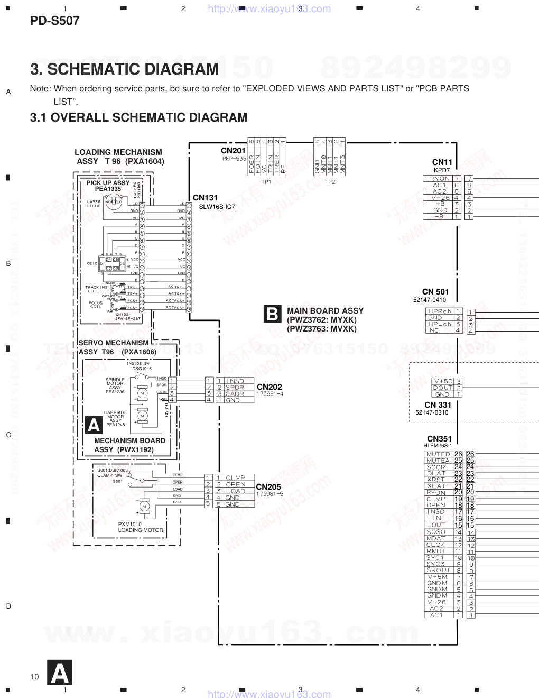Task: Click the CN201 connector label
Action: coord(234,151)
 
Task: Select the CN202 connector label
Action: coord(269,387)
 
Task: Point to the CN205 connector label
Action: coord(268,486)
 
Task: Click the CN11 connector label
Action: coord(442,162)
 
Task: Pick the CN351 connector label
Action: coord(439,439)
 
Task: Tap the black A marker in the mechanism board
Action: coord(94,425)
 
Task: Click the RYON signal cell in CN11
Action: coord(439,179)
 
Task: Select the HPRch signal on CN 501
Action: coord(439,311)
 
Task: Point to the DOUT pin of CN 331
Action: coord(442,388)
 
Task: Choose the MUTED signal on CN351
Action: coord(438,454)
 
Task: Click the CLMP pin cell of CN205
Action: coord(235,478)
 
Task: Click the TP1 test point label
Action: coord(266,182)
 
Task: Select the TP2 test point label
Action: coord(330,182)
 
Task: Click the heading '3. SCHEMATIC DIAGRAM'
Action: coord(124,69)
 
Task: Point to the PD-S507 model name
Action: coord(54,21)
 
